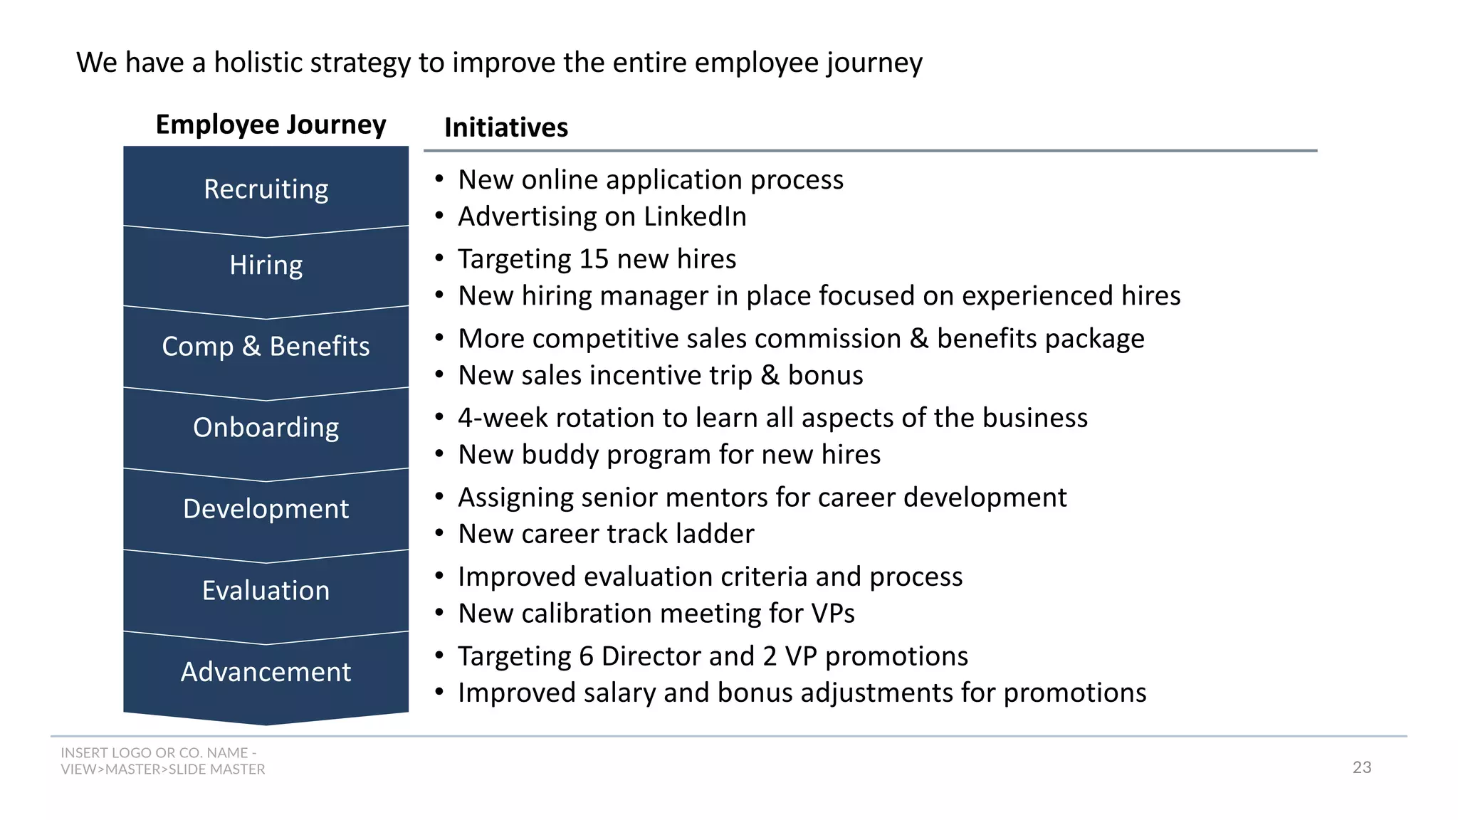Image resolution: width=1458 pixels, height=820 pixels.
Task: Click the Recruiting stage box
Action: (266, 189)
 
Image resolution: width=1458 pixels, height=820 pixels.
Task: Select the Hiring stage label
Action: (266, 266)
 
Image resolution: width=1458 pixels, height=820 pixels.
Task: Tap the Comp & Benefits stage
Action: (266, 347)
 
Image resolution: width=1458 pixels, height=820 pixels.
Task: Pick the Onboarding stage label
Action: (266, 428)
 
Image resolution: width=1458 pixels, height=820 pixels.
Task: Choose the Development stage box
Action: (266, 509)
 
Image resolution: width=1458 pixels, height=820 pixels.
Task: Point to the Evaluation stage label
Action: (266, 591)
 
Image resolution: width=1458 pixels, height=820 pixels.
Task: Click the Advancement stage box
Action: (266, 672)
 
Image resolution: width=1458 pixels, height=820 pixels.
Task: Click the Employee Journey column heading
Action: (271, 125)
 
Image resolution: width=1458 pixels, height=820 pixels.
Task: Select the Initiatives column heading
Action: (505, 127)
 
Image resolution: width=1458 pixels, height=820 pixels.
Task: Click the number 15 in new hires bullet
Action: (594, 259)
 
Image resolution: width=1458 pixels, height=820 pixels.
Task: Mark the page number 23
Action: (1361, 767)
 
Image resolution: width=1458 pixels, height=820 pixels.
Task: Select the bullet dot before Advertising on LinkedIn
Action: (440, 216)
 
